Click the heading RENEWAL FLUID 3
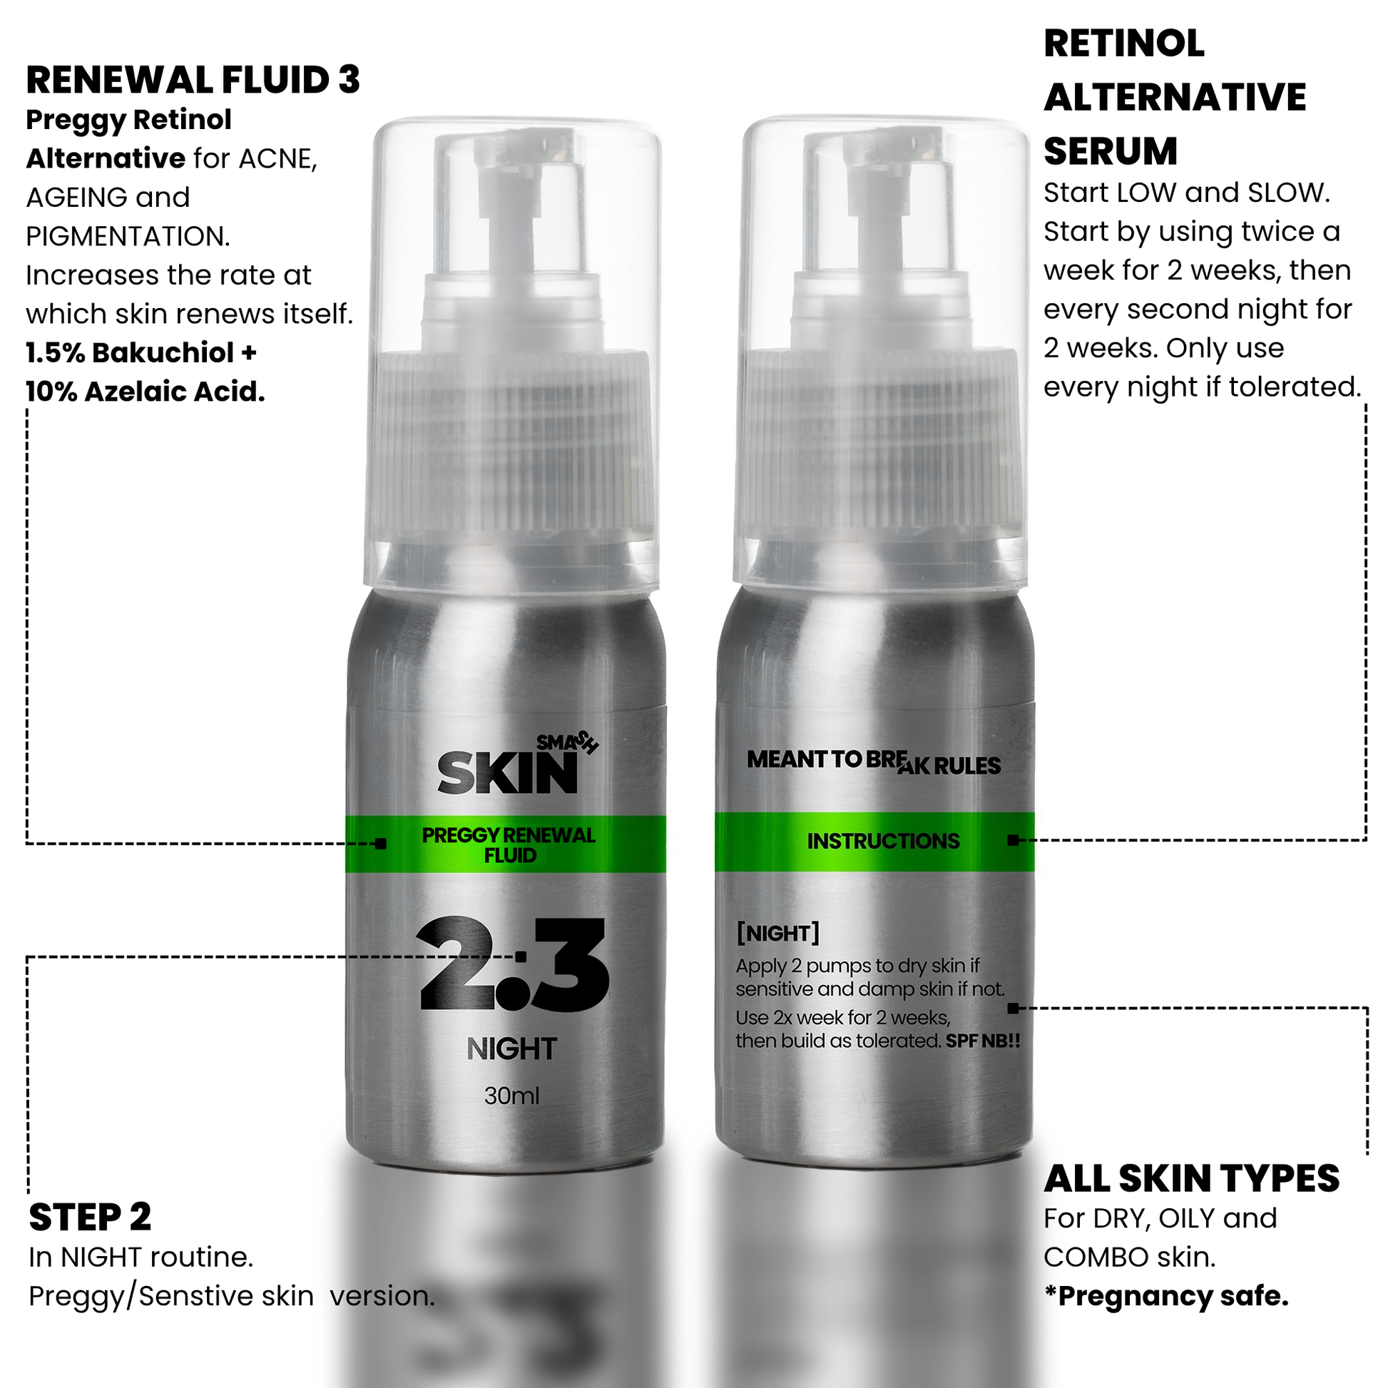pyautogui.click(x=193, y=80)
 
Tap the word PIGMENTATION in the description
pyautogui.click(x=127, y=235)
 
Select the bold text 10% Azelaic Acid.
pyautogui.click(x=145, y=392)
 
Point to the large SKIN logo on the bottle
pyautogui.click(x=507, y=772)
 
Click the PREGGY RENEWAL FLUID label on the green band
pyautogui.click(x=509, y=845)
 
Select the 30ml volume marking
pyautogui.click(x=511, y=1096)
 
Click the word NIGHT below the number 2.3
pyautogui.click(x=511, y=1049)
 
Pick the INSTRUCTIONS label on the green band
pyautogui.click(x=883, y=841)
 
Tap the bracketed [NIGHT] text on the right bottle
pyautogui.click(x=778, y=933)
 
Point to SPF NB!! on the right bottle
pyautogui.click(x=983, y=1041)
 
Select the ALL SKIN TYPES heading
pyautogui.click(x=1192, y=1178)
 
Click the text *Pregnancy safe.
pyautogui.click(x=1166, y=1296)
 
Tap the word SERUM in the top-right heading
pyautogui.click(x=1111, y=151)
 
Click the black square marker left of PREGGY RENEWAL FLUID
pyautogui.click(x=381, y=844)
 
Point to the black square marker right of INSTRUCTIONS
pyautogui.click(x=1013, y=840)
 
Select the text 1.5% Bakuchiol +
pyautogui.click(x=141, y=353)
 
